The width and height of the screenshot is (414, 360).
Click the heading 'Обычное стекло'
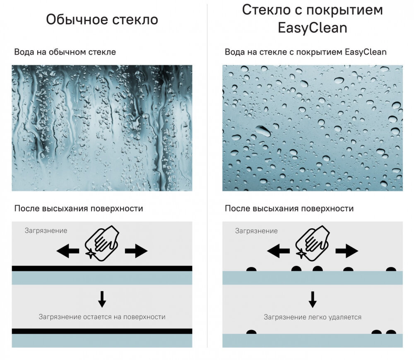click(x=102, y=19)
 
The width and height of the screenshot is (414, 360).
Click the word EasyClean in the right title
click(x=312, y=28)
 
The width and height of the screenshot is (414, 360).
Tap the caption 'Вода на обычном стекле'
click(x=65, y=52)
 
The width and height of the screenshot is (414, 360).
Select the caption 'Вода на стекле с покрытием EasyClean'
click(x=306, y=52)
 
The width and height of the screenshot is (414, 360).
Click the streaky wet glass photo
click(x=102, y=128)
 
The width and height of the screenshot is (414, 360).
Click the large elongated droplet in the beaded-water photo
click(x=263, y=130)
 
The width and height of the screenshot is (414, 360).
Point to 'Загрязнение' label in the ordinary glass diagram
click(x=46, y=231)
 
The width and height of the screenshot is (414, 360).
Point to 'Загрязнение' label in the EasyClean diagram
click(x=256, y=231)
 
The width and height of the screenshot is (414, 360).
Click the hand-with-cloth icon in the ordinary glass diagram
click(x=102, y=244)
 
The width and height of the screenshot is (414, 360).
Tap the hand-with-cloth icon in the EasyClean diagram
click(x=312, y=244)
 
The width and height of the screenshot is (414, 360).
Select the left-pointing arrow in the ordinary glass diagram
click(x=68, y=251)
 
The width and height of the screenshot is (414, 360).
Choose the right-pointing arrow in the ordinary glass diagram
click(x=136, y=251)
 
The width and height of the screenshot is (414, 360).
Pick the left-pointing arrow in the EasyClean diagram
click(x=278, y=251)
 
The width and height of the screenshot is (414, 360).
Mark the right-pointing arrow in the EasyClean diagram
click(x=347, y=251)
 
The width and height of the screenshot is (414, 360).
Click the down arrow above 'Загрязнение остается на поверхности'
click(x=102, y=299)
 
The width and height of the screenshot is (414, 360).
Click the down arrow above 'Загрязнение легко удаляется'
click(x=313, y=300)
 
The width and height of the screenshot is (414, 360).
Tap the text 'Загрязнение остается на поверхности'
click(x=102, y=317)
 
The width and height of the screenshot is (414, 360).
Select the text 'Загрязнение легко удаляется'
click(x=313, y=317)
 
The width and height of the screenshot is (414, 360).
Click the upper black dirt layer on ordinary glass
click(x=102, y=268)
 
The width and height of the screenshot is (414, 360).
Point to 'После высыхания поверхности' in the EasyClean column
click(x=289, y=208)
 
